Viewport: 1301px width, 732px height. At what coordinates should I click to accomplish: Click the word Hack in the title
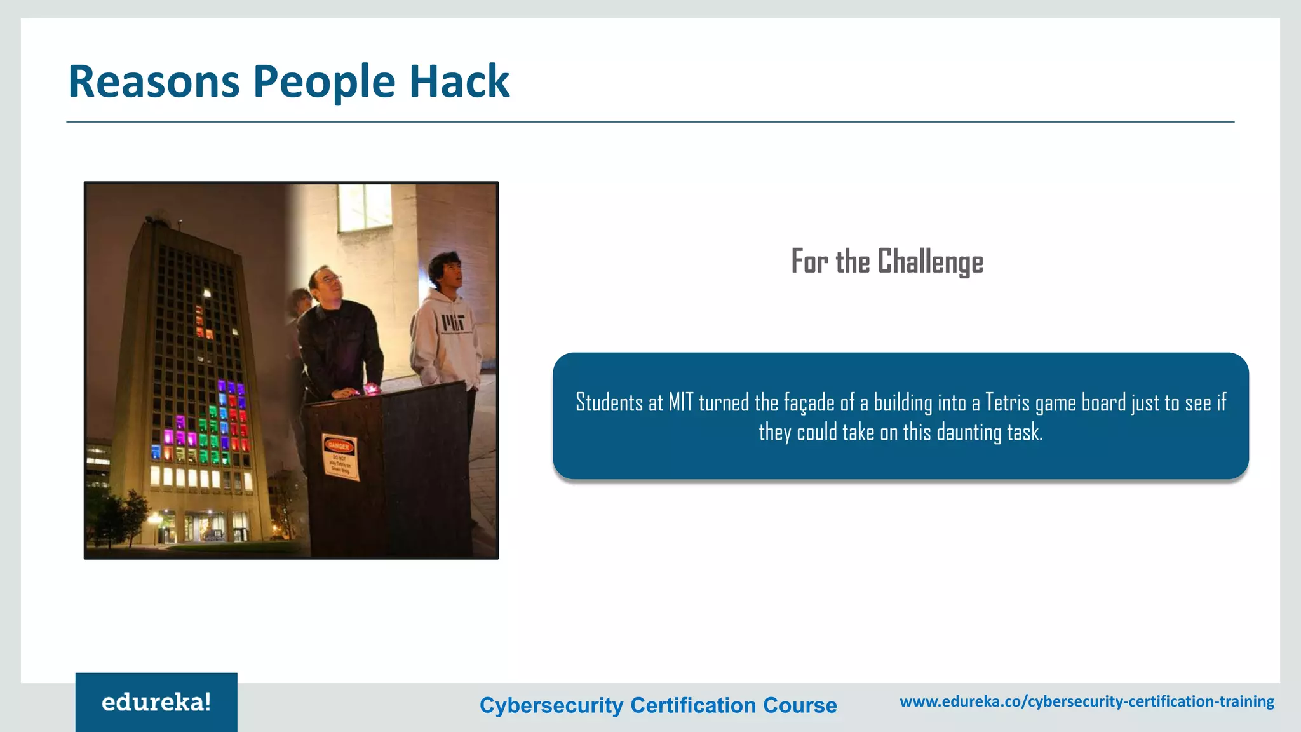459,81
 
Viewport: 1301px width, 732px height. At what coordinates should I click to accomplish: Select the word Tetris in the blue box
1008,403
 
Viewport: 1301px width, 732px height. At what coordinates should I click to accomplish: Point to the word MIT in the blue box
681,403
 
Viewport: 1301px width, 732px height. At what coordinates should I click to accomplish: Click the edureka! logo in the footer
156,702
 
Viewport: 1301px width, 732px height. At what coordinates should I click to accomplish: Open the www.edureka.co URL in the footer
1087,701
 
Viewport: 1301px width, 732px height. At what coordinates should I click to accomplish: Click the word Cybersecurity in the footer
551,705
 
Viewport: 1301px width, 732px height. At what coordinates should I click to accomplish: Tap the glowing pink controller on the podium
370,389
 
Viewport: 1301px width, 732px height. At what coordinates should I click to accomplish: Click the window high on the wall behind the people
364,207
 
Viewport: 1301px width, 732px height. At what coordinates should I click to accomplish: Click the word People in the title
324,81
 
